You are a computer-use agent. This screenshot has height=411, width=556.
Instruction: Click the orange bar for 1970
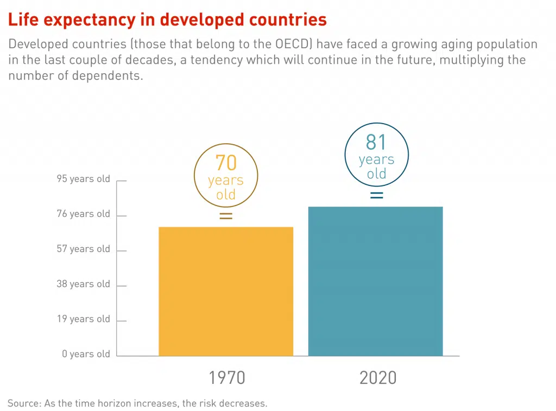[x=226, y=291]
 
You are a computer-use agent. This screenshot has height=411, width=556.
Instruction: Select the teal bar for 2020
[x=376, y=281]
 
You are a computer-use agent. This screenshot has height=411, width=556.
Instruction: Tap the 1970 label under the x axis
[x=227, y=377]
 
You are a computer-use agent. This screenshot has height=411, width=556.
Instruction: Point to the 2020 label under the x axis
[x=378, y=377]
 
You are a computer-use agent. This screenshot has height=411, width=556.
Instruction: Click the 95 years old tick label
[x=83, y=179]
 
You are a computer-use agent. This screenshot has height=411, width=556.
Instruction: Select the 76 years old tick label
[x=83, y=214]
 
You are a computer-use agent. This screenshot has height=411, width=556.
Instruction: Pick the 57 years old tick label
[x=83, y=249]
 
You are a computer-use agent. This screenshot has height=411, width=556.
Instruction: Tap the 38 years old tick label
[x=83, y=284]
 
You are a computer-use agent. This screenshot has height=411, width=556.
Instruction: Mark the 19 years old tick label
[x=83, y=319]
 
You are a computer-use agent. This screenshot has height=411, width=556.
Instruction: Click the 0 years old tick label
[x=86, y=354]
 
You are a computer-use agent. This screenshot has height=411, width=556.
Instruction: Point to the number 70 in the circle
[x=226, y=163]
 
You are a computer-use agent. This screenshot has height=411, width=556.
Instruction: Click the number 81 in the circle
[x=376, y=142]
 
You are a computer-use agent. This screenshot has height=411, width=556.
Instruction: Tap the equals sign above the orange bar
[x=226, y=216]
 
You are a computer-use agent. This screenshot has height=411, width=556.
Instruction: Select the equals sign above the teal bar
[x=376, y=195]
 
